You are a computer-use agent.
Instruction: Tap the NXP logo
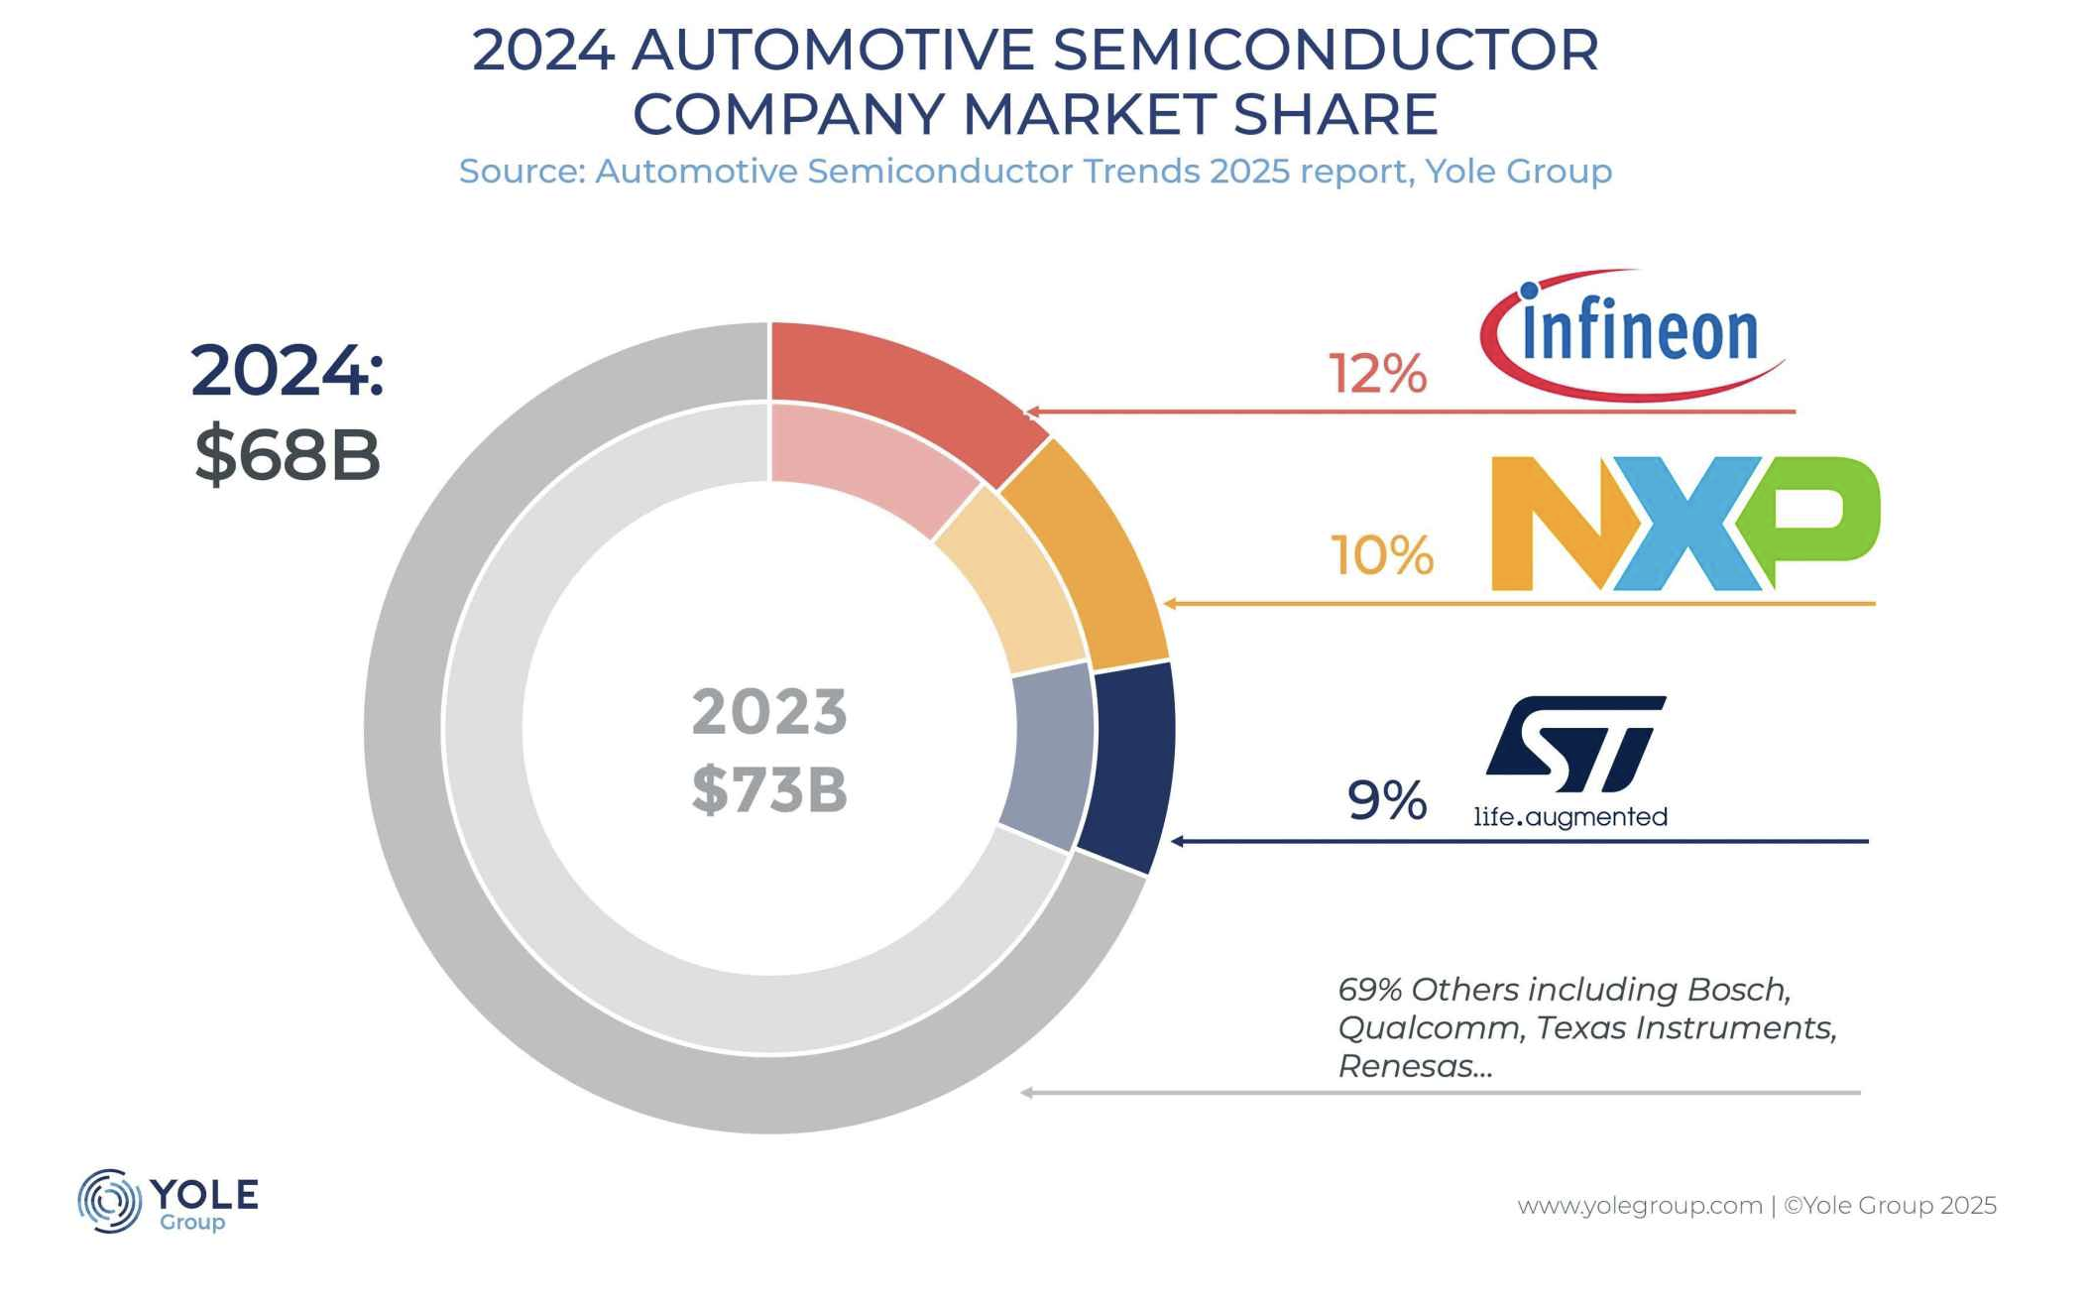pos(1684,524)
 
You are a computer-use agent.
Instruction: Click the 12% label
pos(1377,375)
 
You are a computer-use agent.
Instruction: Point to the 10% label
pos(1381,555)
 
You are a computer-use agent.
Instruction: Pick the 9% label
pos(1386,800)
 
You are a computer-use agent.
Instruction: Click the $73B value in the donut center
pos(769,790)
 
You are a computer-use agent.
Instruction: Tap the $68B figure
pos(287,455)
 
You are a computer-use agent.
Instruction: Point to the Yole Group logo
pos(169,1201)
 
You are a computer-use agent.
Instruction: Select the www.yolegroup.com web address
pos(1639,1206)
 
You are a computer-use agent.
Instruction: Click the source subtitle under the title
pos(1035,172)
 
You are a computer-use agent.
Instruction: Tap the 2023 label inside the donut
pos(769,712)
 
